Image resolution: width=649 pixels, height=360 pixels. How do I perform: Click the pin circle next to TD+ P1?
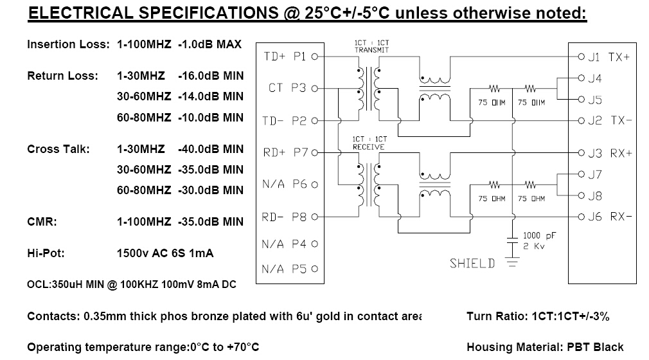(315, 57)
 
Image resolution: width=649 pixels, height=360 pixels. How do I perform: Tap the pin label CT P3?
(287, 88)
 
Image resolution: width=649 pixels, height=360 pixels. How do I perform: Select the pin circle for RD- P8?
(315, 217)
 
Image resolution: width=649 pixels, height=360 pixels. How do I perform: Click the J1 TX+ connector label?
(609, 57)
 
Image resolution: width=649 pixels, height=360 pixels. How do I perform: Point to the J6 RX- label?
(610, 216)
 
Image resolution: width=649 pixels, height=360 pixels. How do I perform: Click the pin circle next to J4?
(581, 78)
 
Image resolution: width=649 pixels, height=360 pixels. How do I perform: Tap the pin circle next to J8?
(581, 195)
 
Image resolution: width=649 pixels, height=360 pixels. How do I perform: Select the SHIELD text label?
(472, 264)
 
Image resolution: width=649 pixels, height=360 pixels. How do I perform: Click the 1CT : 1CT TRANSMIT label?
(371, 46)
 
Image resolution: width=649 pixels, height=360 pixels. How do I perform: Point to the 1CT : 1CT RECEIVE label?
(369, 143)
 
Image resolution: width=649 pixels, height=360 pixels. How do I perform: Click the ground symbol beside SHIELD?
(512, 262)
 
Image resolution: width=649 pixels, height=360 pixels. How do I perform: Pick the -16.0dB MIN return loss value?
(211, 76)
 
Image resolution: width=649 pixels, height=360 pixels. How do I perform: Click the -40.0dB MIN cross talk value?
(211, 149)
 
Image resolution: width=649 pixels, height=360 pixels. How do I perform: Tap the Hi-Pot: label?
(46, 253)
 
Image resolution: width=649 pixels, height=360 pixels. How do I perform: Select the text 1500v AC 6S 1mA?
(165, 253)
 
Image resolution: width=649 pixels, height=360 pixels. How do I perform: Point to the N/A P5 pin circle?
(315, 269)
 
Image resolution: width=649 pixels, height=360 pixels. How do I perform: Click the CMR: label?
(42, 222)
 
